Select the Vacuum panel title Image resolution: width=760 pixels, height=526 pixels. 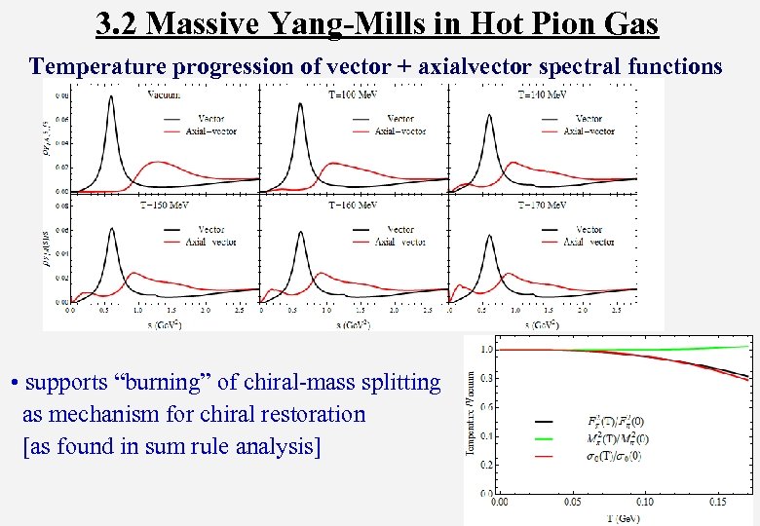click(x=170, y=94)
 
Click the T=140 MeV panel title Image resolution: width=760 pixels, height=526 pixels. click(x=544, y=94)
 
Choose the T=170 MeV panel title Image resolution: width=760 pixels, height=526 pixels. click(x=544, y=205)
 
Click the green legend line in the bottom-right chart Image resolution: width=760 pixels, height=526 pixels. click(x=546, y=438)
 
